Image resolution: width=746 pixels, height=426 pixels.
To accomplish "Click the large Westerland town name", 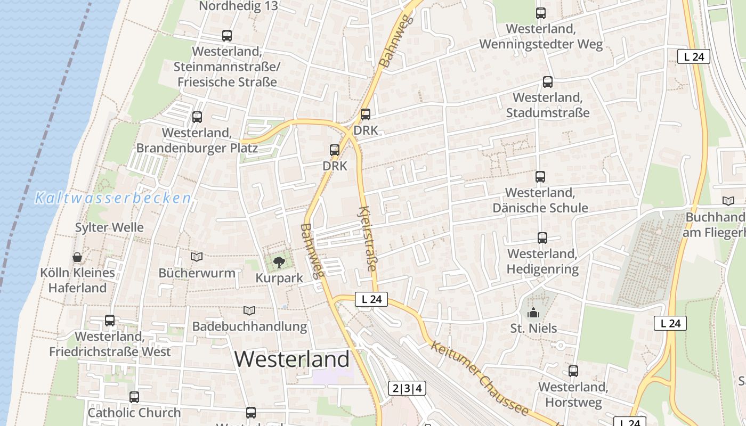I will [x=292, y=359].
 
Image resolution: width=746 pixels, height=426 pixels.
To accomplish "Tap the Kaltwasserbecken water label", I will [x=112, y=199].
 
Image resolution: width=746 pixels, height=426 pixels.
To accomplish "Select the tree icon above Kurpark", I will [x=278, y=262].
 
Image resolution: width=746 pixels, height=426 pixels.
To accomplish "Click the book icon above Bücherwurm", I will [x=197, y=257].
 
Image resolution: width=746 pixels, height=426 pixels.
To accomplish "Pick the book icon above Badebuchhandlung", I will [x=249, y=310].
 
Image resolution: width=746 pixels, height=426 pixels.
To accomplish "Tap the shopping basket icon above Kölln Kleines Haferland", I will [x=77, y=258].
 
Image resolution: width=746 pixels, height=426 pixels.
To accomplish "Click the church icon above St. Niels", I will [x=533, y=313].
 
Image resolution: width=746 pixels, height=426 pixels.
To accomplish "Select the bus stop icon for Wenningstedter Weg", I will [x=541, y=13].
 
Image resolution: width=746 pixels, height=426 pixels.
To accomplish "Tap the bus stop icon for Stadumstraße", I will [x=548, y=82].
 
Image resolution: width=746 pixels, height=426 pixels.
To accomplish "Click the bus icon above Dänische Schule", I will [x=540, y=177].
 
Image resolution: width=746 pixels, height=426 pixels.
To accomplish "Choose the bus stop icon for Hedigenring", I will [x=542, y=238].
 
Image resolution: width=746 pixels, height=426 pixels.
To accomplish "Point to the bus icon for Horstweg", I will [x=573, y=371].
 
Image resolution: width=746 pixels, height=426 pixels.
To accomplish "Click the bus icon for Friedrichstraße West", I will [x=110, y=321].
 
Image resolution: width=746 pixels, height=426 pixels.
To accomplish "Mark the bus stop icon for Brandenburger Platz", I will [x=197, y=117].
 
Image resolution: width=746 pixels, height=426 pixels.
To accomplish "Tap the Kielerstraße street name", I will [x=368, y=239].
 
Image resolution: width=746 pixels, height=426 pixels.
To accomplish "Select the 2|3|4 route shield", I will [x=407, y=388].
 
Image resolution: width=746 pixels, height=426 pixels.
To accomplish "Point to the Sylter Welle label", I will [x=109, y=227].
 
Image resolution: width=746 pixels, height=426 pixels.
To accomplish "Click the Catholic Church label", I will [x=134, y=413].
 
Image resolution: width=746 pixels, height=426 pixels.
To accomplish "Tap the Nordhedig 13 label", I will [x=239, y=6].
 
